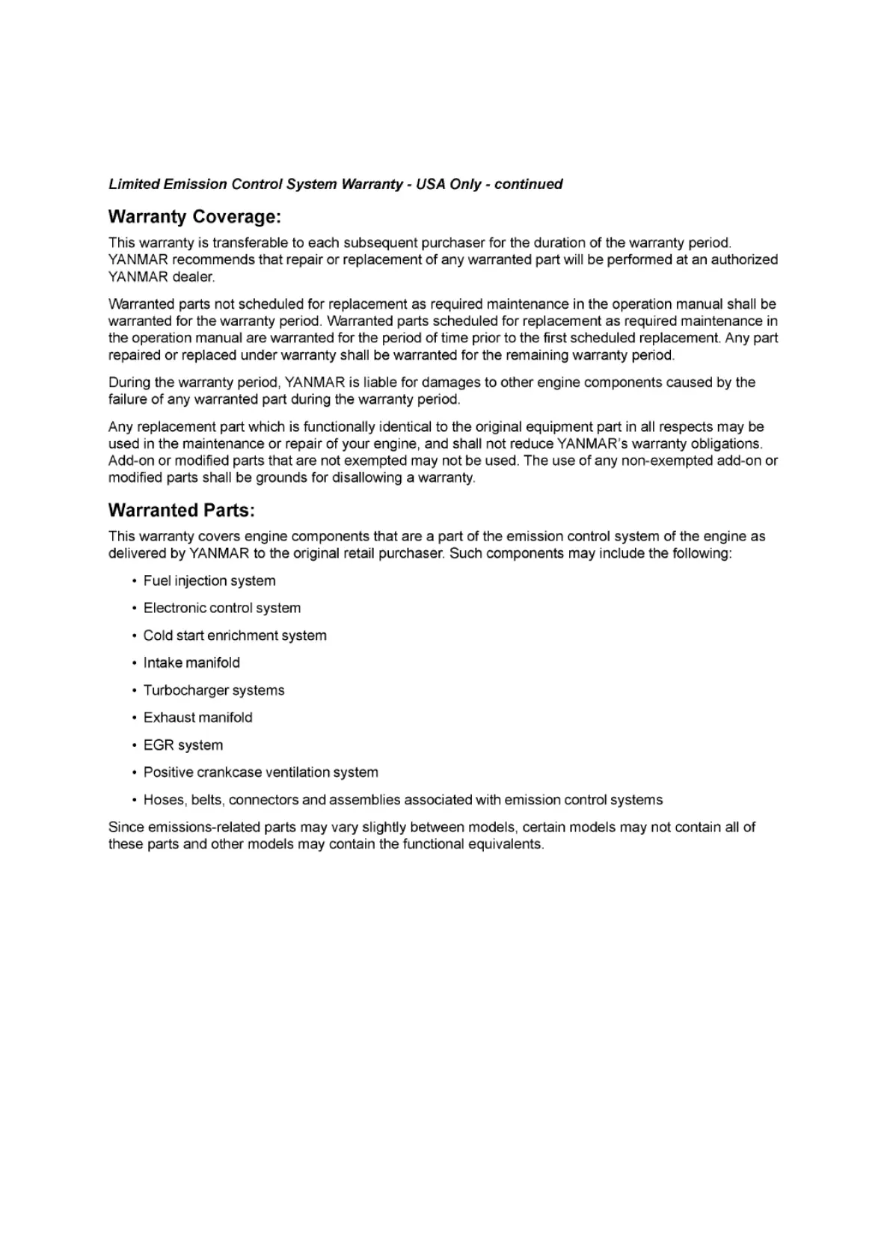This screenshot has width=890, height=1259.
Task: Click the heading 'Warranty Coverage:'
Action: (x=194, y=217)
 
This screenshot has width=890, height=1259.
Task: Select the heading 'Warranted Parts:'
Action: (x=182, y=511)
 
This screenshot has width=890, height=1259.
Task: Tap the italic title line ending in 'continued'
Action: (x=335, y=184)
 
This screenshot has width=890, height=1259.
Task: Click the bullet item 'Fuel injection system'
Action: (x=209, y=581)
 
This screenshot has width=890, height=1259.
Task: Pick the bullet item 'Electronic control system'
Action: (x=222, y=609)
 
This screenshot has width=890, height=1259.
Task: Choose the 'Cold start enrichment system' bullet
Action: (x=235, y=635)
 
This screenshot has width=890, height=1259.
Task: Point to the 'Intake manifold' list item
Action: (x=191, y=663)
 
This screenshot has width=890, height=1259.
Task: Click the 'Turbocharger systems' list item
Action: (x=214, y=690)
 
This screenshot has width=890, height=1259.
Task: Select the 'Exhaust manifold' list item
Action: (x=198, y=718)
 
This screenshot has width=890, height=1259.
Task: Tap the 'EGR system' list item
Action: (x=183, y=745)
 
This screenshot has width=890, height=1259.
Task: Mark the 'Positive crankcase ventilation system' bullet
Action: (x=261, y=772)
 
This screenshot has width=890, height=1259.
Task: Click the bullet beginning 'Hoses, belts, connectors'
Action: (x=403, y=800)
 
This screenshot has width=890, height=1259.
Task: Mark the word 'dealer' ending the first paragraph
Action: (x=193, y=277)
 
